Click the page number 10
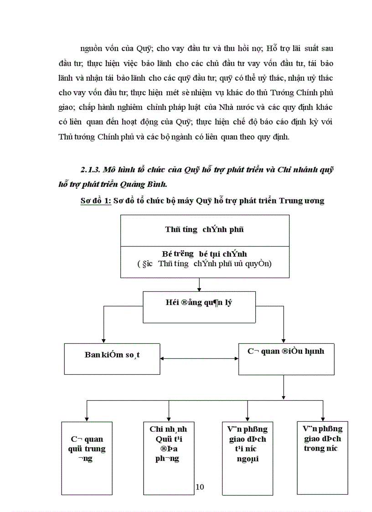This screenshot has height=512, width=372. [x=200, y=487]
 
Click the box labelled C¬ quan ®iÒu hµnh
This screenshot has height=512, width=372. [x=286, y=358]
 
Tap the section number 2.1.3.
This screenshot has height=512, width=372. [x=90, y=170]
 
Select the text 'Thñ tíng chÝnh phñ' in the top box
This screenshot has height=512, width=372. [x=205, y=230]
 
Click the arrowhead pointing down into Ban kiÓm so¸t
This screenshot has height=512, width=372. [x=104, y=339]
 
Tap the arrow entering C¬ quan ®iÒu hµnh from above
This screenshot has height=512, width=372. [x=284, y=339]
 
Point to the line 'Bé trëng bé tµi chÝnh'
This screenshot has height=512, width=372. [x=205, y=253]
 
